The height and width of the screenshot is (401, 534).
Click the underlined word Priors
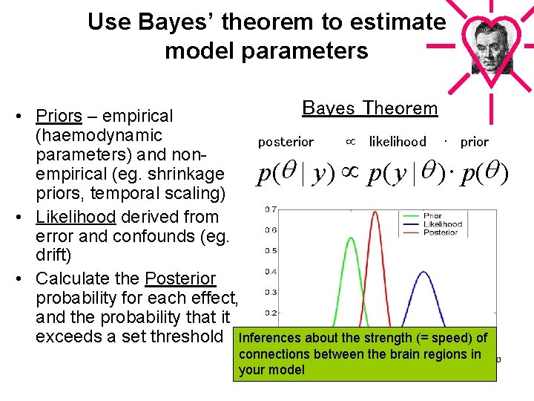(59, 117)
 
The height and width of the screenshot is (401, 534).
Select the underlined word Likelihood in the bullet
(75, 218)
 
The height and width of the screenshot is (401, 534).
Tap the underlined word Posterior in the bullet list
(180, 279)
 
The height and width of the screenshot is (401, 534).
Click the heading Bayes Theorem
(370, 108)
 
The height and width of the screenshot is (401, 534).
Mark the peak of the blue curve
(423, 273)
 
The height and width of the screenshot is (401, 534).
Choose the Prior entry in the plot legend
(432, 216)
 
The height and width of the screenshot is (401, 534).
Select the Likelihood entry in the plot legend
(442, 224)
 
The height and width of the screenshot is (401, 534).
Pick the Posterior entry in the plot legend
(441, 232)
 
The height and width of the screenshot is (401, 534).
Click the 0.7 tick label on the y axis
(271, 209)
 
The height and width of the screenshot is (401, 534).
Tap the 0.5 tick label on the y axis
(271, 251)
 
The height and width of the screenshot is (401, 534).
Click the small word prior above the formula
(474, 142)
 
